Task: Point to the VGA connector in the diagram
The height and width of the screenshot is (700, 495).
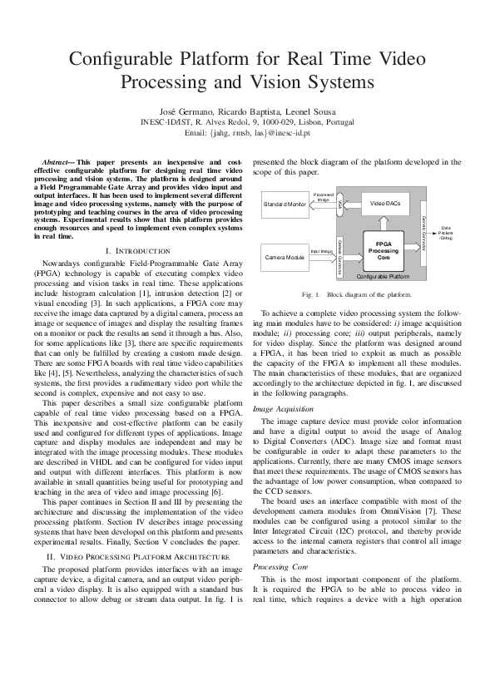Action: click(340, 203)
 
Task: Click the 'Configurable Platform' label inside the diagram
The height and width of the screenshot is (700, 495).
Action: click(382, 275)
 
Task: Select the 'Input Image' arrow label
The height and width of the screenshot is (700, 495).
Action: click(321, 250)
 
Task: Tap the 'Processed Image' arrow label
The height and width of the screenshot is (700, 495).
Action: click(324, 197)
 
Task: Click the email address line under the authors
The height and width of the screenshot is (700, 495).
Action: click(247, 132)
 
